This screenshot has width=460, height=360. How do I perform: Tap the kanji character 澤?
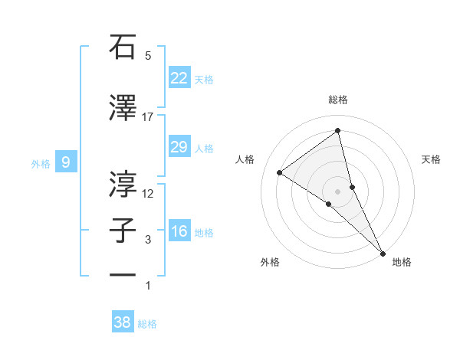coord(123,108)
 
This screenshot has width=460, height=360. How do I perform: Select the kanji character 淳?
coord(123,183)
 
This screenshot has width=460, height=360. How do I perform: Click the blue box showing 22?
coord(179,78)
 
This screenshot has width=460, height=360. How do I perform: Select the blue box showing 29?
coord(179,147)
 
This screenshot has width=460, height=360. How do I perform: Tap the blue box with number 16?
coord(179,231)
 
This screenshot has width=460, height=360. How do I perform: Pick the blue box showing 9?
coord(66,162)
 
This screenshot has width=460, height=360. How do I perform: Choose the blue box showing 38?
coord(122,322)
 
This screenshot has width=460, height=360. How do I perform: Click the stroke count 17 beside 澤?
coord(148,117)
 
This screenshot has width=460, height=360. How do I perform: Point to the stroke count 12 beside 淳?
coord(148,193)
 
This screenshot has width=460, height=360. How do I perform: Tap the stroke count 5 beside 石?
coord(148,56)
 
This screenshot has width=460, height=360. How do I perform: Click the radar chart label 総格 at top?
coord(338,100)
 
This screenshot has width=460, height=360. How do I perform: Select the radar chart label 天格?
coord(432,159)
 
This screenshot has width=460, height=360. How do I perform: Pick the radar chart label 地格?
coord(402,262)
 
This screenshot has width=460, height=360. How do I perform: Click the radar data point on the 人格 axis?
coord(280,172)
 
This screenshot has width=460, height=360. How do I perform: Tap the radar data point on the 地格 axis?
coord(382,252)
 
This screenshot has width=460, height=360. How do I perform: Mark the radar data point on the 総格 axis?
coord(338,131)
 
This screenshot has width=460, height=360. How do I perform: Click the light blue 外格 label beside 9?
coord(40,163)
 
